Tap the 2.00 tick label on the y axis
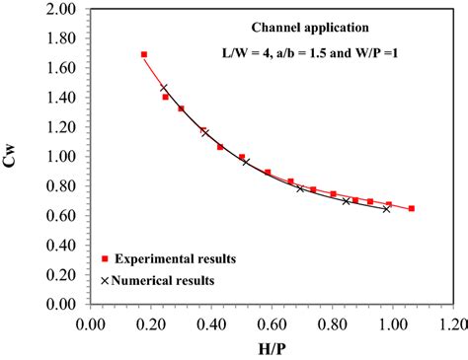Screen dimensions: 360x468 [x=61, y=9]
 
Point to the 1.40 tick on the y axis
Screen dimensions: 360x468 [x=61, y=98]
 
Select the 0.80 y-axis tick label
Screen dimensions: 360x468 [x=61, y=186]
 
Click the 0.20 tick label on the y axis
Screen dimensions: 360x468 [x=61, y=274]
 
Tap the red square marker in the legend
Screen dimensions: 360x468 [x=105, y=258]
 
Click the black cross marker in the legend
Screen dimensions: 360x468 [x=105, y=280]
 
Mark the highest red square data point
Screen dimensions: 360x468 [x=144, y=55]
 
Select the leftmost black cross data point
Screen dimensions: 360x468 [x=164, y=88]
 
